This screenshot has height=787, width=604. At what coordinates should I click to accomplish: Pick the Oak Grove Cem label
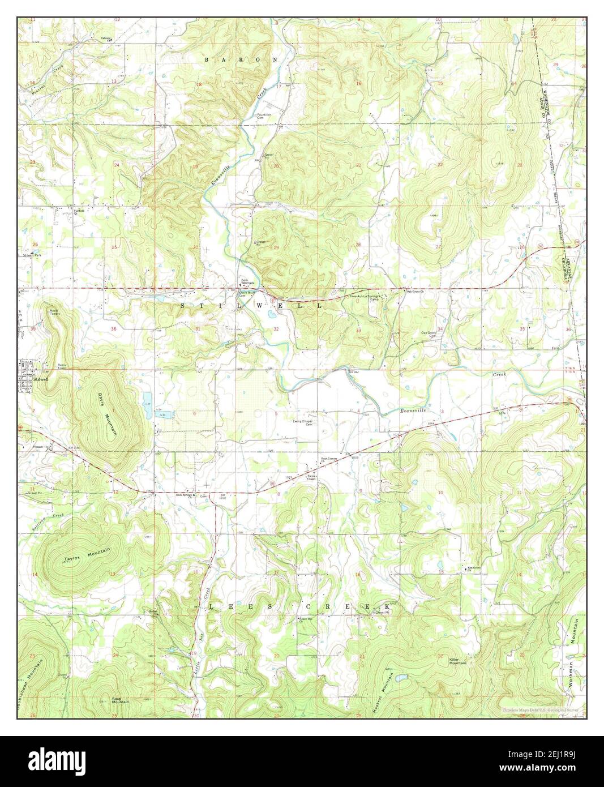tap(429, 334)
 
